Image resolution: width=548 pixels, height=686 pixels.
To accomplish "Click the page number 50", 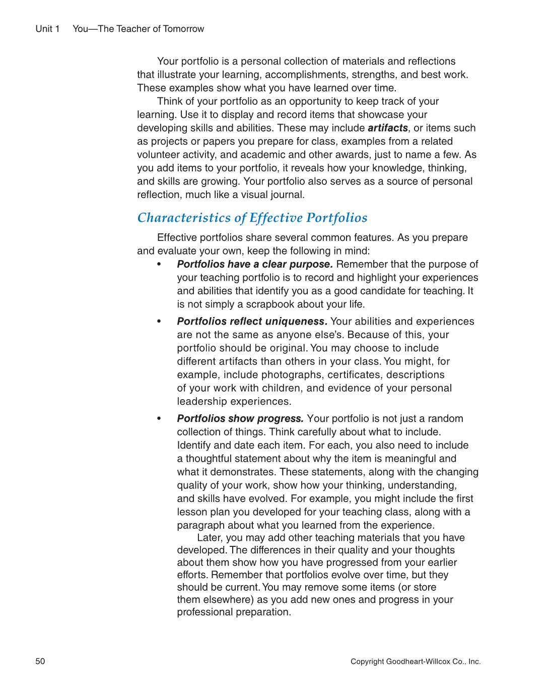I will pos(40,661).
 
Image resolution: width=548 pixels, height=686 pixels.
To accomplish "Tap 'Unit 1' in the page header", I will pos(47,29).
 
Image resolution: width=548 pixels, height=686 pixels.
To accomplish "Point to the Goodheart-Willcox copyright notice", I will pos(416,661).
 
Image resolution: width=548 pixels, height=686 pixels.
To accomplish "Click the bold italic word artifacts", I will pos(387,128).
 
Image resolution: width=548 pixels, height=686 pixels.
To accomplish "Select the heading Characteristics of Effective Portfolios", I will pos(252,218).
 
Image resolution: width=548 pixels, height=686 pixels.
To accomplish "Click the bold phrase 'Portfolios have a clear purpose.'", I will pos(255,264).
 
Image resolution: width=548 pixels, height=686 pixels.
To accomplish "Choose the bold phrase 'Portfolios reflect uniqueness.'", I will pos(252,321).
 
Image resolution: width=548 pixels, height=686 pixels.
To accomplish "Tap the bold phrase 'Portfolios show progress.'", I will pos(240,418).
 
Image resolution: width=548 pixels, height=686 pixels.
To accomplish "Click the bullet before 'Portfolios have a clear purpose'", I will pos(159,264).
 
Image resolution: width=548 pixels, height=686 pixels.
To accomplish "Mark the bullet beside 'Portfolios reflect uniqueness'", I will pos(159,321).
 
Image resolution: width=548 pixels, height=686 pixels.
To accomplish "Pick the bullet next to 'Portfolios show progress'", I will pos(159,418).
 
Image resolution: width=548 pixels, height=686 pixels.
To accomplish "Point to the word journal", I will pos(287,195).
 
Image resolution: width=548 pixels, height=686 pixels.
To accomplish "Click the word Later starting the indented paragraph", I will pos(209,538).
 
